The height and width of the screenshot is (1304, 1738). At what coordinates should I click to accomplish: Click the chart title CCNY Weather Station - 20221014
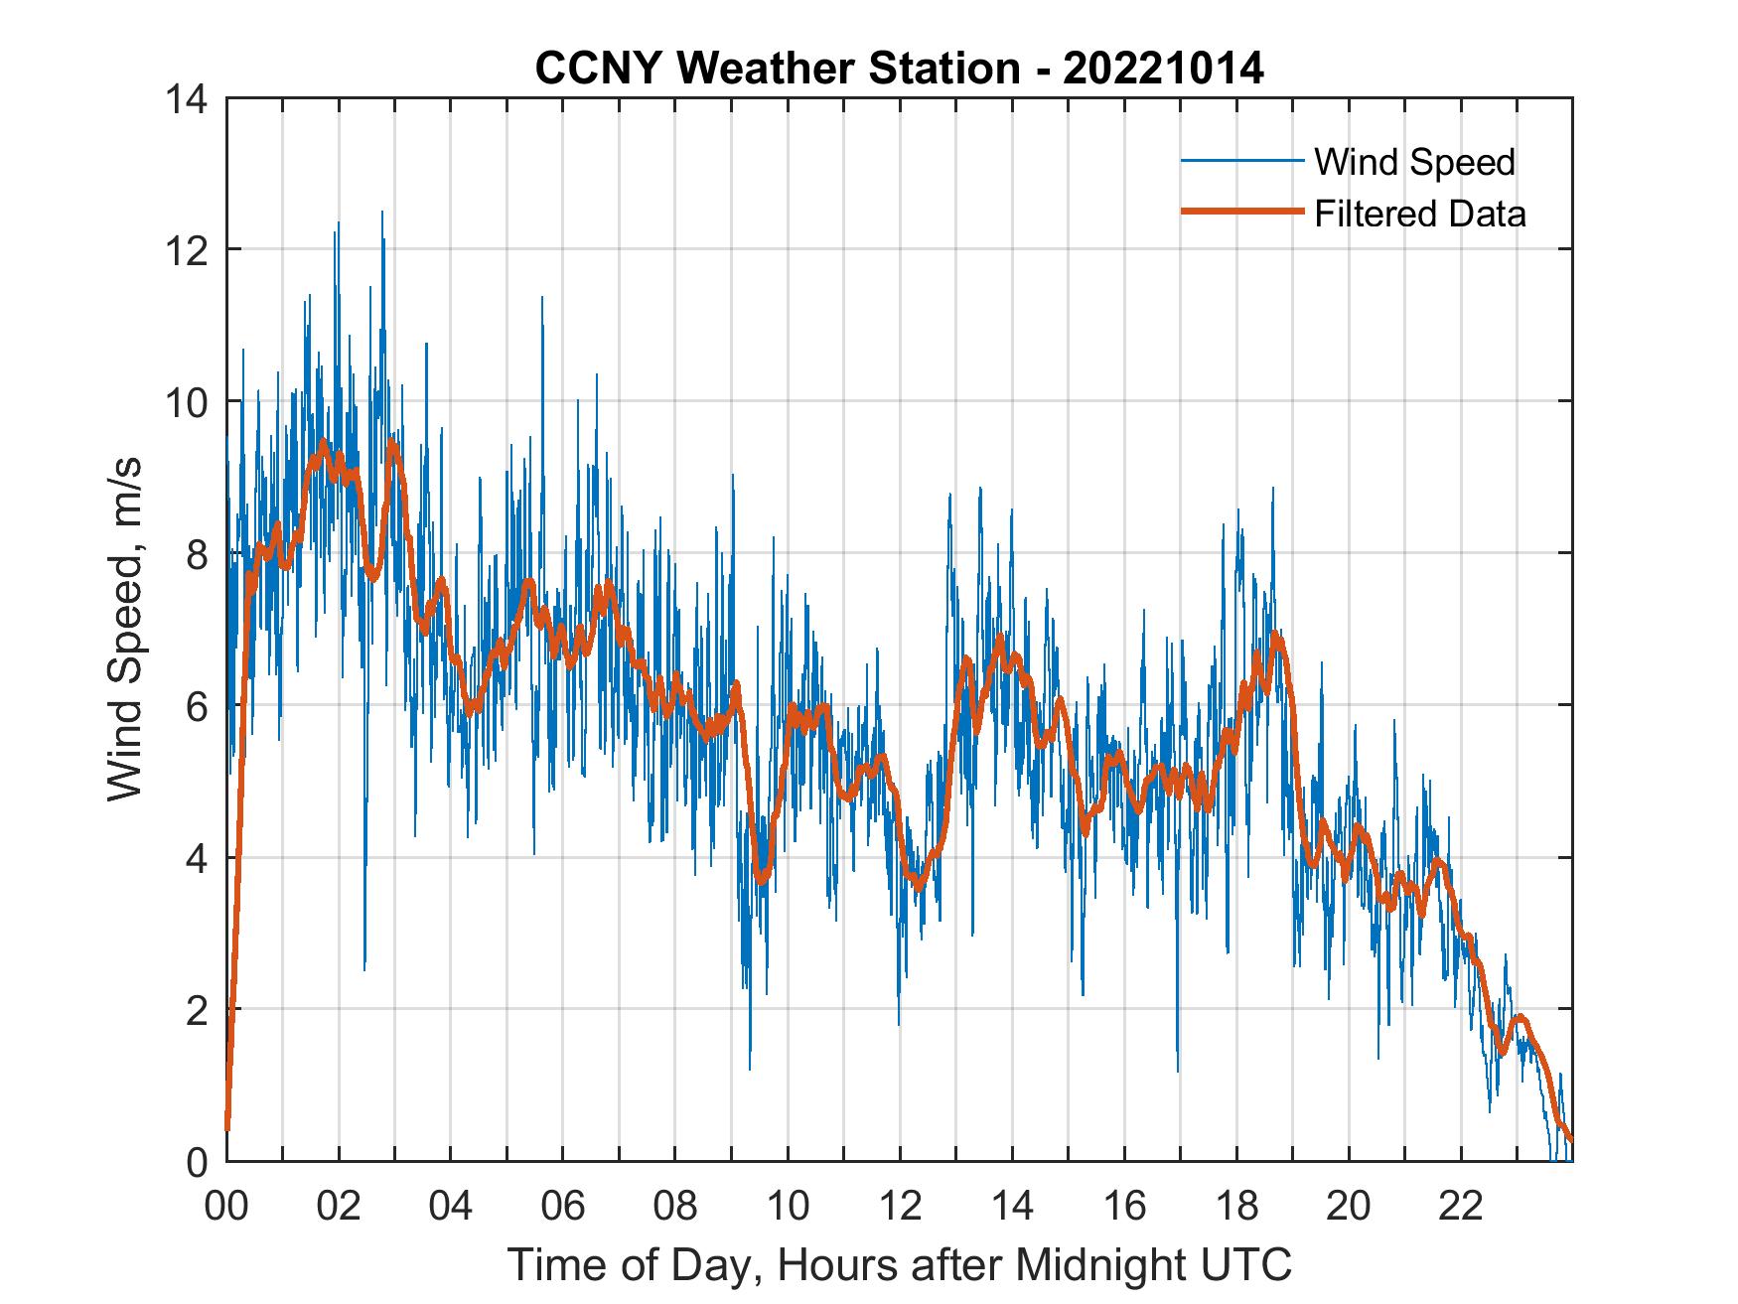click(x=899, y=69)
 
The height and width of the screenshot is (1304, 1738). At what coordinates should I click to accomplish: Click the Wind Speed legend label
click(x=1414, y=162)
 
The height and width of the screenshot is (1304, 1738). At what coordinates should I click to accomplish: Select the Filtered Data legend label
click(x=1419, y=214)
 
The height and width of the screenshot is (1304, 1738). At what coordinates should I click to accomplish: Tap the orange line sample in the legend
click(x=1241, y=213)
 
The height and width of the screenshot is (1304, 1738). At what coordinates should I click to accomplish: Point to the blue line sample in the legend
click(x=1241, y=161)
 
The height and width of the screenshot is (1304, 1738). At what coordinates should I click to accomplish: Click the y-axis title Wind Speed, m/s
click(x=126, y=629)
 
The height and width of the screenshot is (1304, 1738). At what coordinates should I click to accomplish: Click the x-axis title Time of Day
click(x=899, y=1264)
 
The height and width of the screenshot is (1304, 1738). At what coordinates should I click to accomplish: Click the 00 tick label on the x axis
click(x=226, y=1206)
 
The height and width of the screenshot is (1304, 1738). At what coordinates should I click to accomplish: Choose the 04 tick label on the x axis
click(x=451, y=1206)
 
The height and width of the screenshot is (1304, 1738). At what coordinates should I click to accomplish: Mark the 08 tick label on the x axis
click(x=675, y=1206)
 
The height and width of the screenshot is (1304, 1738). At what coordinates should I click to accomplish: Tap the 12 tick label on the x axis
click(x=900, y=1206)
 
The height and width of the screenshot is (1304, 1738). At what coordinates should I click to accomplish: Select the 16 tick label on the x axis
click(x=1124, y=1206)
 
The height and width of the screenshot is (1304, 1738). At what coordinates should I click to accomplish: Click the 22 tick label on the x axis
click(x=1461, y=1206)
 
